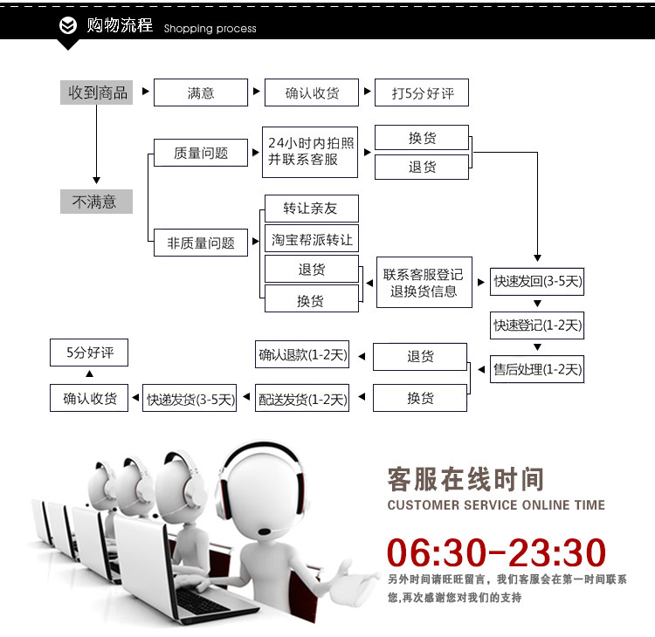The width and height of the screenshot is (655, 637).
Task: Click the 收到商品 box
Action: [x=97, y=92]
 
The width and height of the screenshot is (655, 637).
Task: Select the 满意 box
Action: [x=200, y=92]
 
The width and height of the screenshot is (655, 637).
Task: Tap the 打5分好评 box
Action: [x=422, y=92]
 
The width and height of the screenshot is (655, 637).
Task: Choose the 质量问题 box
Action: [x=200, y=153]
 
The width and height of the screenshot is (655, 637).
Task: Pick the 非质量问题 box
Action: [x=200, y=243]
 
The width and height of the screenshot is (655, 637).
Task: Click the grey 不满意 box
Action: [x=96, y=202]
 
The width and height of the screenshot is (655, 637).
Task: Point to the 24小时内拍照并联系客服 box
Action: [x=312, y=152]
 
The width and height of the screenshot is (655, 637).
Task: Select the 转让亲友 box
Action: [x=311, y=209]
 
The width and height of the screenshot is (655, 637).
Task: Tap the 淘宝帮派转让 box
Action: [x=311, y=238]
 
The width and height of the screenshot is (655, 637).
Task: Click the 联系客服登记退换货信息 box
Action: [x=424, y=282]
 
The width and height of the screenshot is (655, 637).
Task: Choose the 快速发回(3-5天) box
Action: [x=537, y=281]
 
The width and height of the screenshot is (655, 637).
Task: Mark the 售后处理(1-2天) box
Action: [x=537, y=369]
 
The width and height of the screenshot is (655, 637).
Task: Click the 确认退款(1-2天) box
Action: [x=302, y=355]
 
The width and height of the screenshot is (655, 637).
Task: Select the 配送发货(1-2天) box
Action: [x=302, y=399]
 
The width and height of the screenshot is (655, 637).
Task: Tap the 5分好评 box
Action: [x=89, y=353]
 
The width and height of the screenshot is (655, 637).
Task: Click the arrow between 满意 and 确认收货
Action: [x=256, y=92]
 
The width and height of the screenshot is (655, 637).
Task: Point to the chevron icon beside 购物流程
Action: [x=68, y=26]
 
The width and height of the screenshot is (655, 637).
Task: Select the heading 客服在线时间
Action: [x=465, y=479]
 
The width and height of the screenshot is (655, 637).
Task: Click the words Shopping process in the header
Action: [x=210, y=29]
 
